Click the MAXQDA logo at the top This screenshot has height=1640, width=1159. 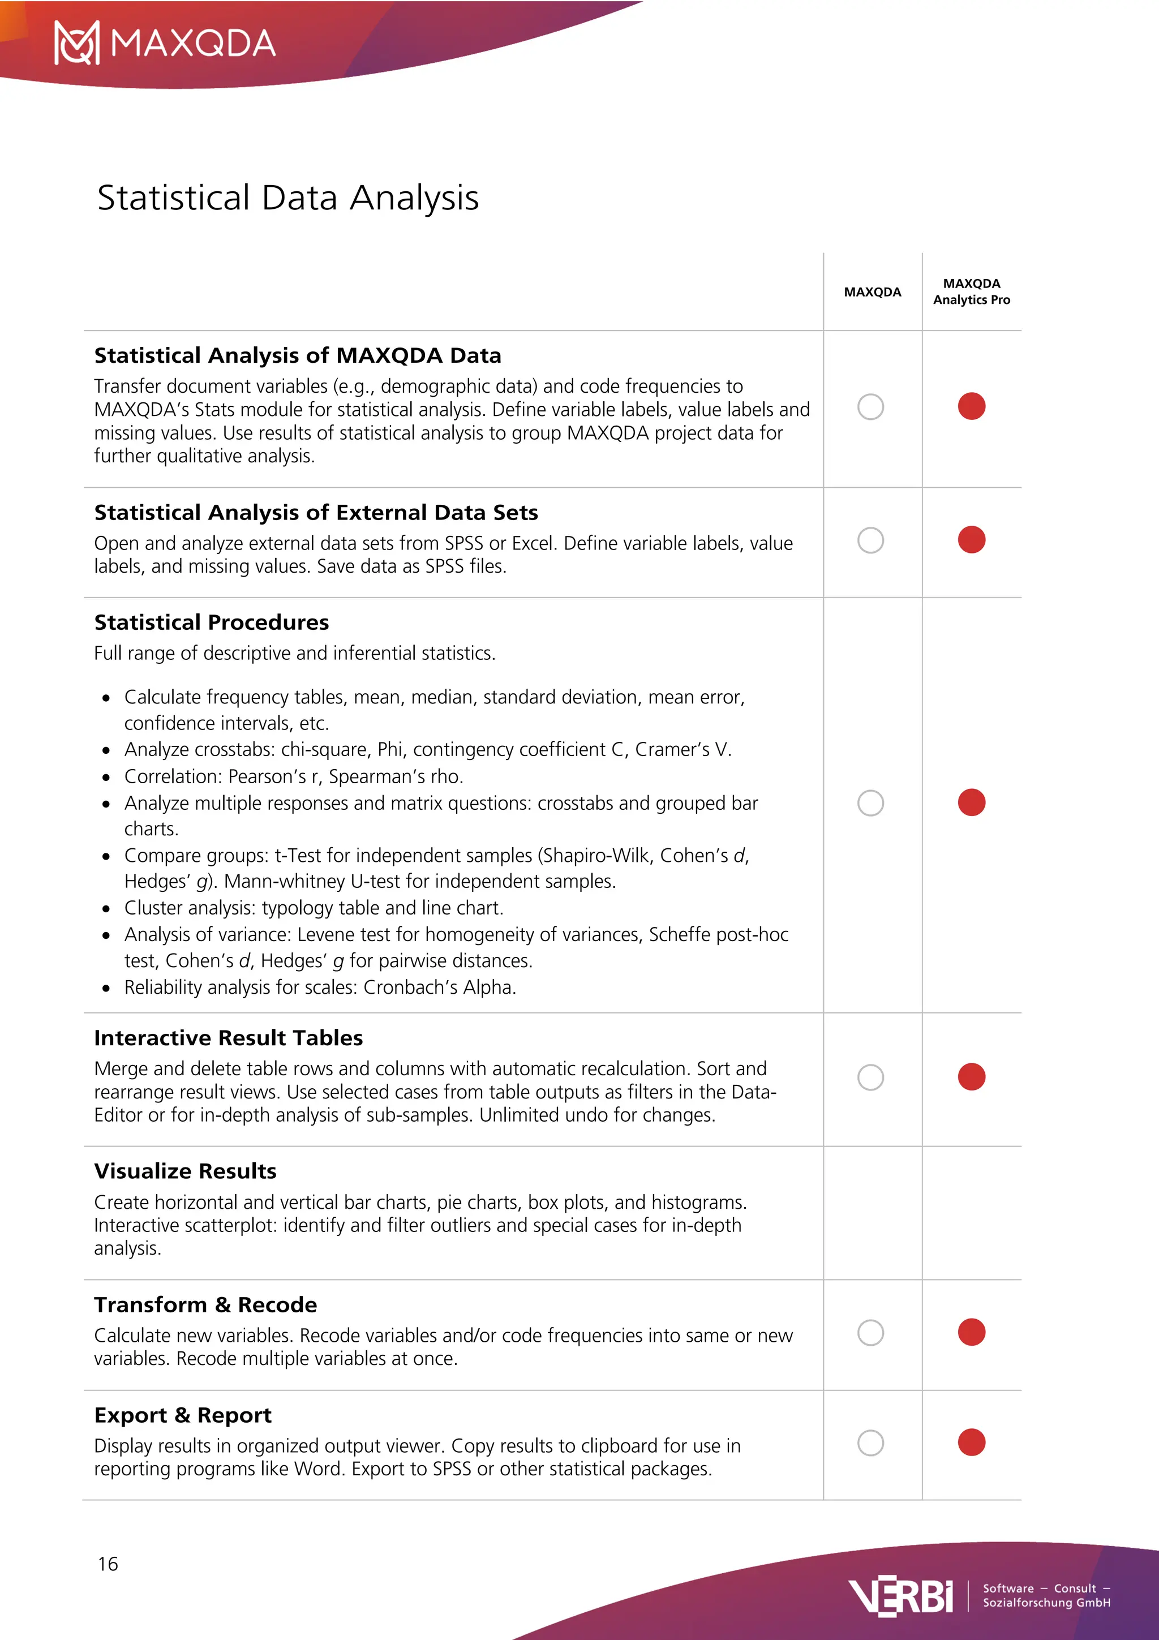tap(165, 43)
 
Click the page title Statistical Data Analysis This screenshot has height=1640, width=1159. tap(288, 198)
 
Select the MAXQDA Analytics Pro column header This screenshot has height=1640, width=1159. tap(971, 291)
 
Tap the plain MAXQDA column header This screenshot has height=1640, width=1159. tap(872, 292)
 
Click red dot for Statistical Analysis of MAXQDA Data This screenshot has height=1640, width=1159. tap(971, 406)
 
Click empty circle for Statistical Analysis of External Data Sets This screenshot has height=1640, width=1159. tap(870, 540)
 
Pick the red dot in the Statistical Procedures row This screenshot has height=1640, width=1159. tap(971, 802)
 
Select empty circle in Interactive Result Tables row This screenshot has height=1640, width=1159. tap(870, 1077)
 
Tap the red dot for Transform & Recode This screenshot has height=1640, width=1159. tap(971, 1332)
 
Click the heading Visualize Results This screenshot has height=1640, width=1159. tap(185, 1171)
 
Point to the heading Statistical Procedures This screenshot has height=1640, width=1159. tap(212, 622)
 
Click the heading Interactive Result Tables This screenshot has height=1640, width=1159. tap(229, 1038)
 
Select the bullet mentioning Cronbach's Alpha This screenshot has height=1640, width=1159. tap(320, 987)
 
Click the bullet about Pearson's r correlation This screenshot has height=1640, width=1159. tap(294, 776)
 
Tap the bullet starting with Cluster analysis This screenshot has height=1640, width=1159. tap(314, 908)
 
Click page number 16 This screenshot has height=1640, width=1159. tap(108, 1564)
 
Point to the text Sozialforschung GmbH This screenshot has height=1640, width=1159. tap(1046, 1603)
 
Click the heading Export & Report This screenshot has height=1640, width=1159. tap(183, 1415)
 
